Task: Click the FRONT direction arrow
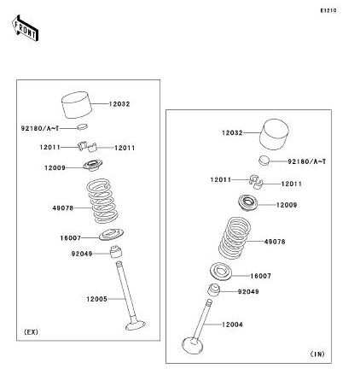tap(26, 28)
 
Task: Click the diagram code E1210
tap(328, 10)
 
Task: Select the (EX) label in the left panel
tap(31, 332)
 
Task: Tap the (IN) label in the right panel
tap(317, 354)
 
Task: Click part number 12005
tap(96, 299)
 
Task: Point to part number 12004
tap(232, 325)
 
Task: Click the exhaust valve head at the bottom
tap(136, 325)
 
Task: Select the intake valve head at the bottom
tap(193, 345)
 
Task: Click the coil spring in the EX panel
tap(102, 201)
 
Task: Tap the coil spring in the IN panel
tap(235, 238)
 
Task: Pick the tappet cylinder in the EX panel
tap(77, 105)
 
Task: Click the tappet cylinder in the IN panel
tap(274, 134)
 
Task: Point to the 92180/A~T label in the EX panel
tap(40, 128)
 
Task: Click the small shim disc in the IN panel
tap(264, 160)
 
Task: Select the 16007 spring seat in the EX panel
tap(111, 235)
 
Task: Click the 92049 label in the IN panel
tap(248, 291)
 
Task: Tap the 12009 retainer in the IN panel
tap(247, 202)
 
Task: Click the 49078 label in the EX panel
tap(63, 208)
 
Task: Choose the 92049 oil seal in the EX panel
tap(116, 252)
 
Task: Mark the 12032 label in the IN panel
tap(232, 132)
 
